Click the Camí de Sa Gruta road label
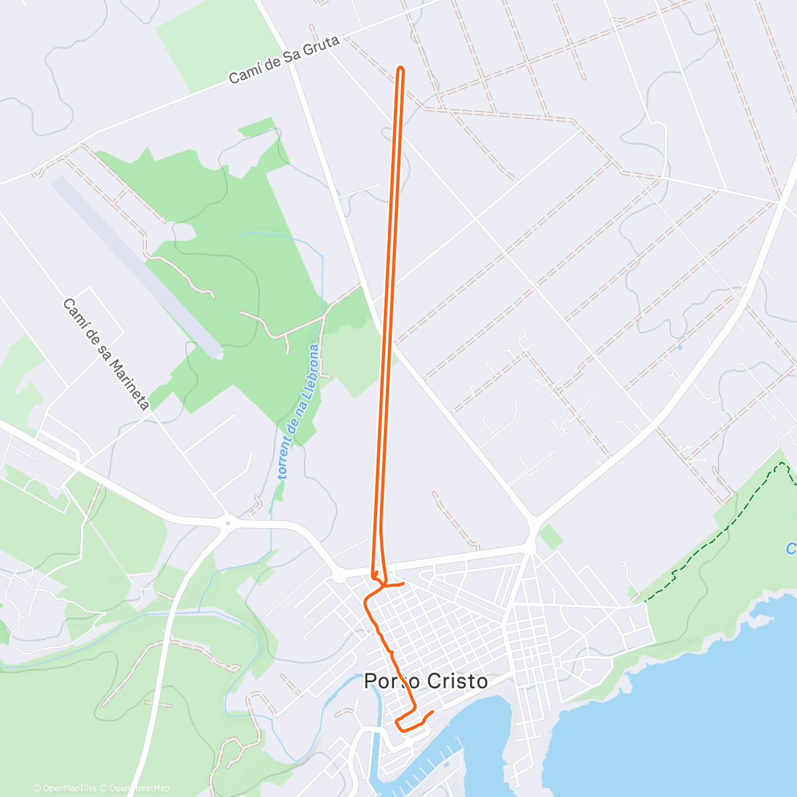[284, 60]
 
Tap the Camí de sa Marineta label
[106, 354]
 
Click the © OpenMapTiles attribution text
[64, 788]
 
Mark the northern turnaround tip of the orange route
[400, 68]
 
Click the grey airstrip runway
[136, 266]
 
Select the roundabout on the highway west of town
[227, 523]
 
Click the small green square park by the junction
[550, 537]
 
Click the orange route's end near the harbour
[432, 712]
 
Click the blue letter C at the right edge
[791, 549]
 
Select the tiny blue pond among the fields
[679, 347]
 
